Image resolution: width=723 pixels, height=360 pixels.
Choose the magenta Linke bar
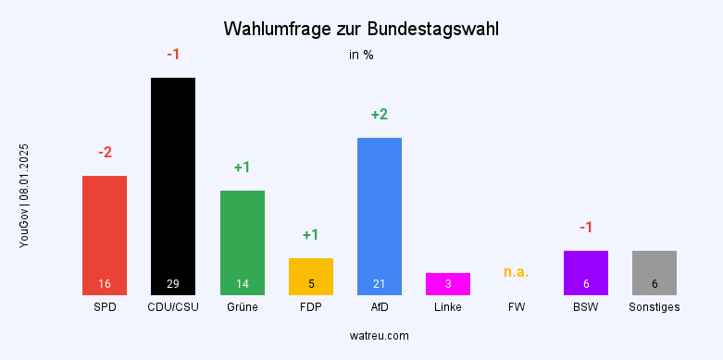coord(448,283)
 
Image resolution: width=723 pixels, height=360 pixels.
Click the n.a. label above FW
coord(517,272)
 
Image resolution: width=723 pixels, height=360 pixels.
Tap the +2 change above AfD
coord(380,115)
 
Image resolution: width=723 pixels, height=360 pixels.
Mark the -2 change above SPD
coord(105,153)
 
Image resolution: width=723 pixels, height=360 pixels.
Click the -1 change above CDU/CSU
coord(173,55)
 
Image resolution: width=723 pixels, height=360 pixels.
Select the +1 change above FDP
coord(311,235)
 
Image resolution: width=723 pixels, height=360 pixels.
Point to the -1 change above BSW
coord(586,228)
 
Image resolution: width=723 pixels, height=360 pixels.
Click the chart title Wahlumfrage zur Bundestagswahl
coord(361,30)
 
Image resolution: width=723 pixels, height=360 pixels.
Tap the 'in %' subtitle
coord(361,55)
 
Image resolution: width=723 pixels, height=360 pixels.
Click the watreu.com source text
coord(380,335)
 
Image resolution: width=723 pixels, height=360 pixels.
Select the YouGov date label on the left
coord(25,195)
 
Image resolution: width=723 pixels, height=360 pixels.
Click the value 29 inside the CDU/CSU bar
coord(173,283)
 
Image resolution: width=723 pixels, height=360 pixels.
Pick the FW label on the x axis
coord(517,306)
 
